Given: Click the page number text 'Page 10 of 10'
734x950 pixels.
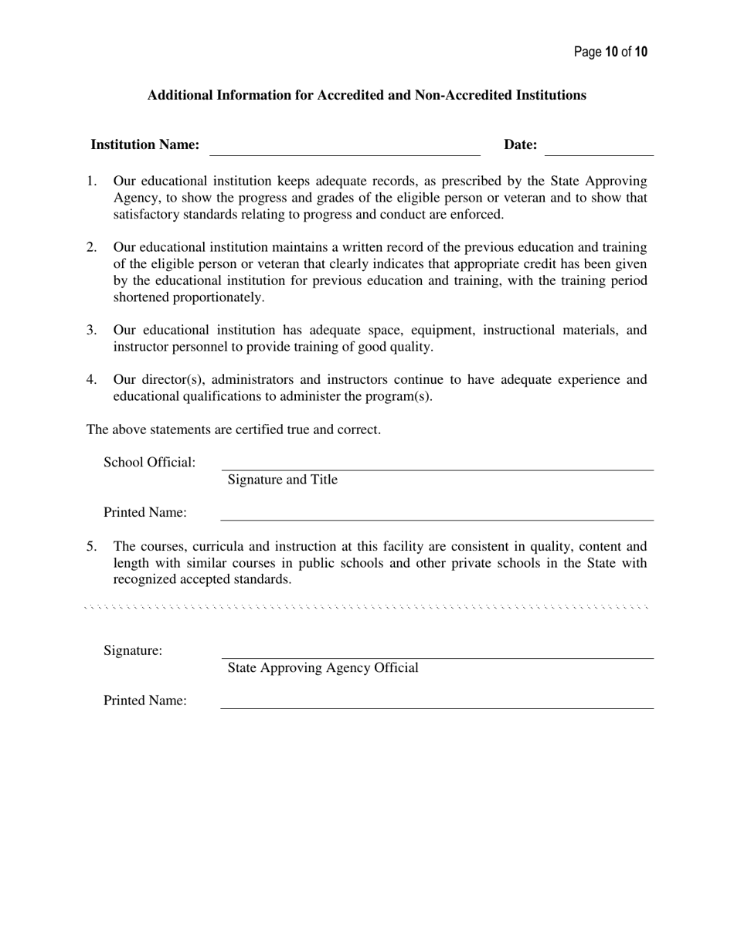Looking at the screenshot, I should pos(610,53).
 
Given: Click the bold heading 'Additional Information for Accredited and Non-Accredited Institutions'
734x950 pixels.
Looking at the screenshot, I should pos(366,95).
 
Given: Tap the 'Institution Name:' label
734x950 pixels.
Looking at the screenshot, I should pos(145,144).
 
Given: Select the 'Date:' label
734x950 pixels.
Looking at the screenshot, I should pos(520,144).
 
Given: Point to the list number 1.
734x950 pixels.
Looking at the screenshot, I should pos(91,181).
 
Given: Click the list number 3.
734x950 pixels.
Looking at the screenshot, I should pos(91,330).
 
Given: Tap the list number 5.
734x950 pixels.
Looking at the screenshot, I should pos(91,546).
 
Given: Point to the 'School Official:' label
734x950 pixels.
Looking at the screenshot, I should pos(150,463).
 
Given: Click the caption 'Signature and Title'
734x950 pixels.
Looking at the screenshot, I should pos(282,480).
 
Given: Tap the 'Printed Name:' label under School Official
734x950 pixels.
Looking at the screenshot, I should pos(145,513).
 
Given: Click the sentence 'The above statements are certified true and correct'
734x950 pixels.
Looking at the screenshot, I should pos(233,429).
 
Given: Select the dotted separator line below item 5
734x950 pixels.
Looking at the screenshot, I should pos(366,607).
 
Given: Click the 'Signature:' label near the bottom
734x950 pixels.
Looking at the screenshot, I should pos(133,650).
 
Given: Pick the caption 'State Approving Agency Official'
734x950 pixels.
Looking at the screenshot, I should pos(323,667).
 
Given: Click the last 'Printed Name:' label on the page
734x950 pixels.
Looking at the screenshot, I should pos(145,701).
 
